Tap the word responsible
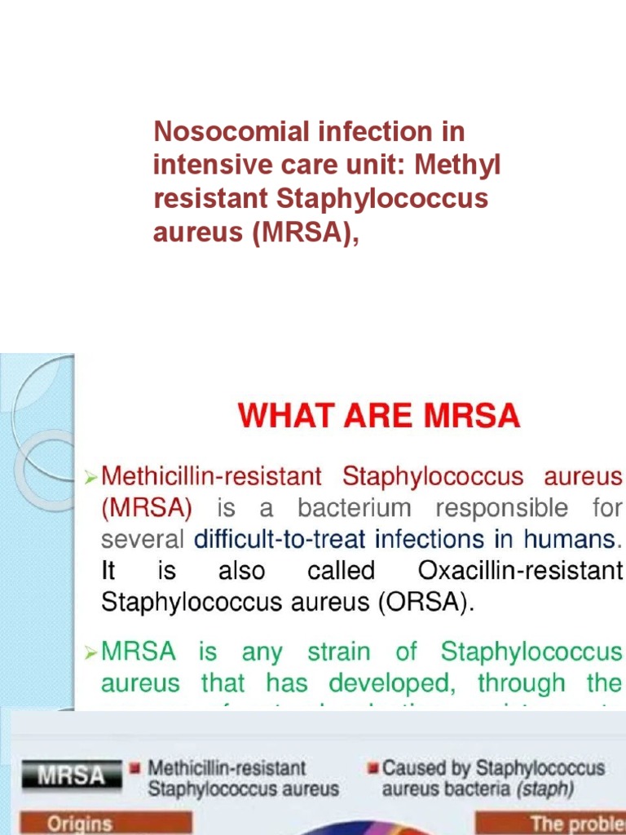(x=501, y=508)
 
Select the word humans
(x=576, y=539)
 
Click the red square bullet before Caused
(x=373, y=768)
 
